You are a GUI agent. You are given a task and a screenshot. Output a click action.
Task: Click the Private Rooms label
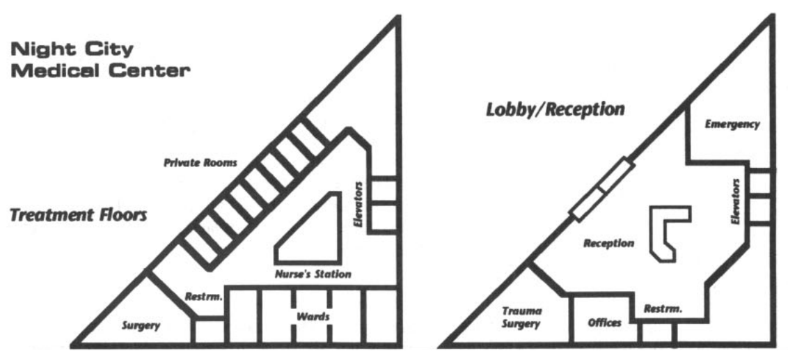201,164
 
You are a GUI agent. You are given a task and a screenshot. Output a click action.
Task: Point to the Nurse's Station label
309,274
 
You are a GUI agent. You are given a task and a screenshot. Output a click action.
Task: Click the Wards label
312,318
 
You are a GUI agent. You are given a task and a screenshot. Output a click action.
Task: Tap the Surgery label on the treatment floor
141,325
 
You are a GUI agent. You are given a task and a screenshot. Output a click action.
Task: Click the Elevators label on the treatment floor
359,205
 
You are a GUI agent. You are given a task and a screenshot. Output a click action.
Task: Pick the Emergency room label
731,125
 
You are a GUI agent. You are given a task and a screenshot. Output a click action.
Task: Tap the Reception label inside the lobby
608,244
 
